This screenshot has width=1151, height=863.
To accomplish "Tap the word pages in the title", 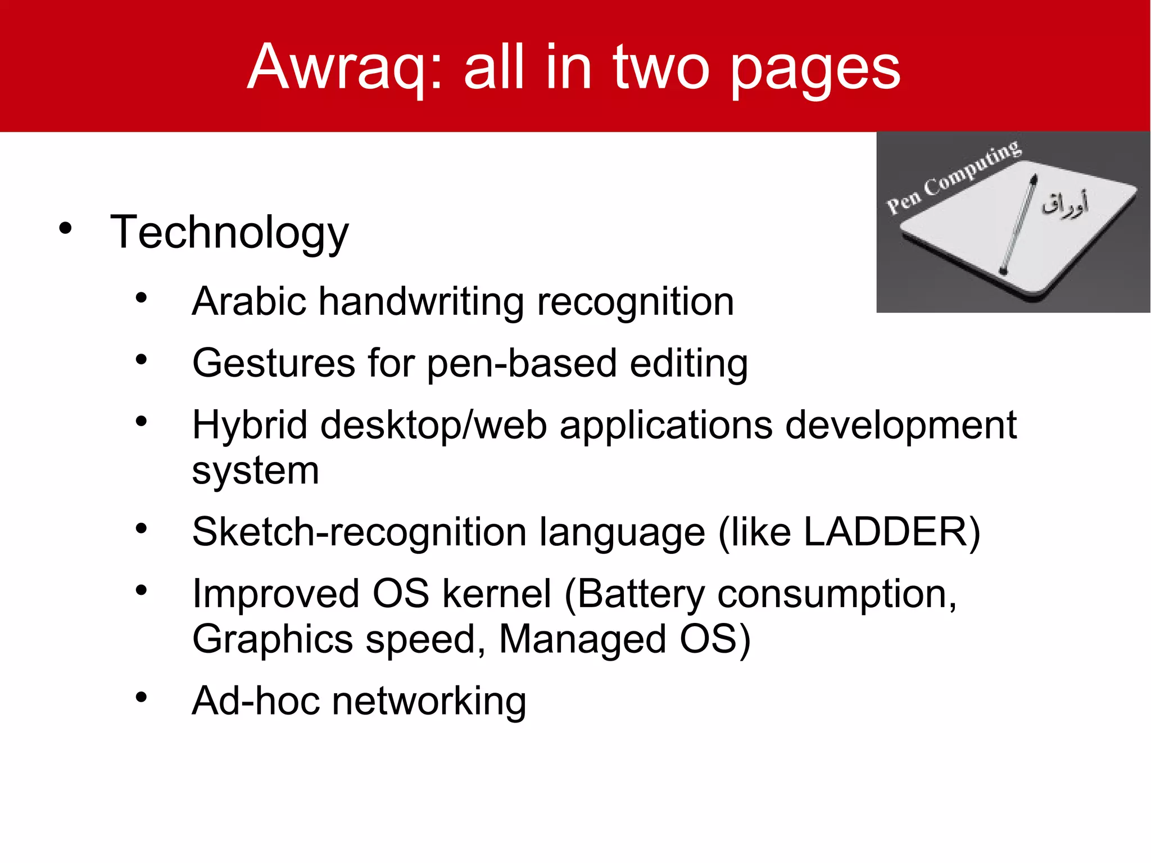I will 815,70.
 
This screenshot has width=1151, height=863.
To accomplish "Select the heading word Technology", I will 229,233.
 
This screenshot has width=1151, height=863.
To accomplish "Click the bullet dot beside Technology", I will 66,228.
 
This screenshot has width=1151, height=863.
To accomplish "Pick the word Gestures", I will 274,364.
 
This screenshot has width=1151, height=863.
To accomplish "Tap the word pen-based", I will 522,364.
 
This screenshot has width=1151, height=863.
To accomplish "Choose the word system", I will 256,471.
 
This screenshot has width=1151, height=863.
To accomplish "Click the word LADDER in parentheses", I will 885,532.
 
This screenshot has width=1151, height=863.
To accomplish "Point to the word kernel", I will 497,594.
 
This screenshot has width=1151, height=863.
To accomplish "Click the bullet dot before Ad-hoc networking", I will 141,697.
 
